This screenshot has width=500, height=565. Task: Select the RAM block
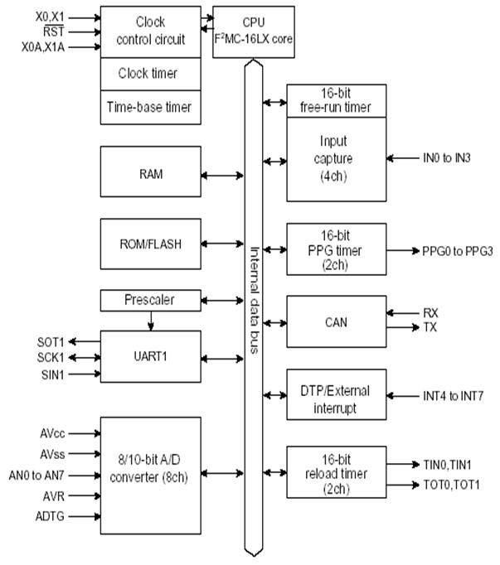150,176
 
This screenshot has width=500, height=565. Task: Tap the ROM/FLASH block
150,244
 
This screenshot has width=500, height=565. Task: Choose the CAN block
336,321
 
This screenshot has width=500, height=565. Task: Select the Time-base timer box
150,107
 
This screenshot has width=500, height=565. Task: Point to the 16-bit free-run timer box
336,100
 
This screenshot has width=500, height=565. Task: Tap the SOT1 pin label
51,341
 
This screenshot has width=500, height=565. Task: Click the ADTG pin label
51,517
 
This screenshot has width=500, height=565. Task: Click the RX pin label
430,312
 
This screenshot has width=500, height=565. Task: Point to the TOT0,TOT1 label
450,483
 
